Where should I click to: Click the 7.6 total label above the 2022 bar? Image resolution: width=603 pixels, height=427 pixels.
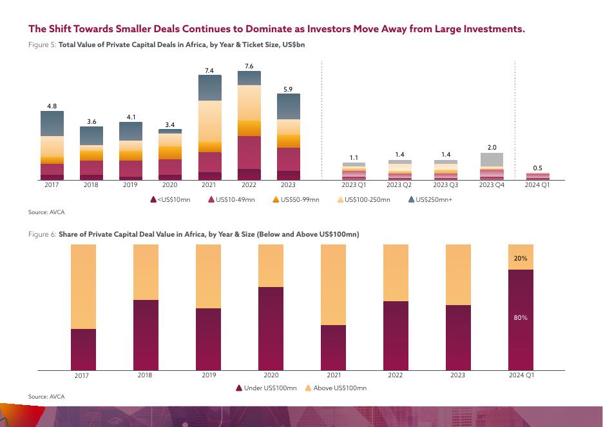pyautogui.click(x=249, y=66)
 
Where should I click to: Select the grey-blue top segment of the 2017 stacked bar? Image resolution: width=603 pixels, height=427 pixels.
pyautogui.click(x=52, y=123)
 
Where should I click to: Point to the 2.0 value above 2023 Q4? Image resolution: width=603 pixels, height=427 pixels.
pyautogui.click(x=492, y=148)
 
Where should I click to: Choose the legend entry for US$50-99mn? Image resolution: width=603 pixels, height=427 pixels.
pyautogui.click(x=296, y=200)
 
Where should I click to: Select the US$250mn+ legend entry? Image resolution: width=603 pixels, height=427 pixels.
pyautogui.click(x=431, y=200)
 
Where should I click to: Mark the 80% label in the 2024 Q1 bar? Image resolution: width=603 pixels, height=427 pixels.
pyautogui.click(x=521, y=317)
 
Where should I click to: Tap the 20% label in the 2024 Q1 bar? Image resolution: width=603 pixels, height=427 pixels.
pyautogui.click(x=521, y=258)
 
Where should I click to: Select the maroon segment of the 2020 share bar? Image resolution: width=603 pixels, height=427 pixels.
pyautogui.click(x=271, y=328)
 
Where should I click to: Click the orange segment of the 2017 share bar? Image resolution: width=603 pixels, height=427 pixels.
pyautogui.click(x=83, y=286)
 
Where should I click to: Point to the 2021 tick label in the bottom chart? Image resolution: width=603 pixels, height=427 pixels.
pyautogui.click(x=334, y=375)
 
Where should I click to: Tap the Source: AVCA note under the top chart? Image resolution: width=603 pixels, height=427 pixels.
pyautogui.click(x=46, y=212)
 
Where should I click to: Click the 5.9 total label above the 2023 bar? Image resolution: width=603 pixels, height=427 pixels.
pyautogui.click(x=289, y=89)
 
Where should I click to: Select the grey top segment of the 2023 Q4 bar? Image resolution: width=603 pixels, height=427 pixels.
pyautogui.click(x=492, y=159)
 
